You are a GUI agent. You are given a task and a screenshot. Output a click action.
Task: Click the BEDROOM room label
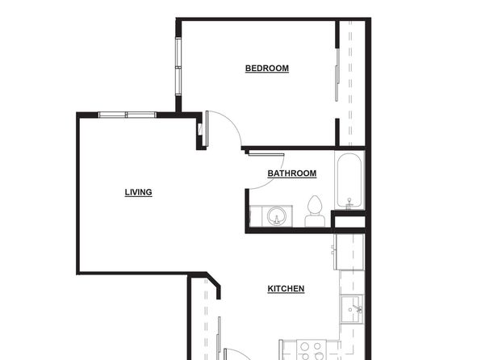tap(267, 68)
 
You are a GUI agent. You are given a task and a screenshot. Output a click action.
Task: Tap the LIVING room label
tap(138, 192)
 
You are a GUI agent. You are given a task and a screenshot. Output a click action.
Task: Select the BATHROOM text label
tap(291, 174)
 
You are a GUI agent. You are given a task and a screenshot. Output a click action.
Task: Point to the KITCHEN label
tap(286, 289)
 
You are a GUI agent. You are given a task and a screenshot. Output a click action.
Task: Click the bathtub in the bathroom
tap(349, 181)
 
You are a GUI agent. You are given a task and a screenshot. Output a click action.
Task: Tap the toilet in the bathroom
tap(315, 211)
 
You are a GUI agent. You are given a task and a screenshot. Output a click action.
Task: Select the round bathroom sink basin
tap(276, 216)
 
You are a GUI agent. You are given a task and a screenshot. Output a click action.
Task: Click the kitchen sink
tap(352, 309)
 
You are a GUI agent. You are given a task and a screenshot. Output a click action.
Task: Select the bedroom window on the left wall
tap(178, 66)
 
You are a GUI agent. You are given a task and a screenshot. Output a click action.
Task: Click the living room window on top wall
tap(128, 115)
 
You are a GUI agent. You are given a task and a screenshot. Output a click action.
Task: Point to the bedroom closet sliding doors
tap(337, 75)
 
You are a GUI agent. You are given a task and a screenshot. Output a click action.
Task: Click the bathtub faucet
tap(349, 203)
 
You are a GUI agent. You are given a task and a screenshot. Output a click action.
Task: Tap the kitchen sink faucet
tap(358, 308)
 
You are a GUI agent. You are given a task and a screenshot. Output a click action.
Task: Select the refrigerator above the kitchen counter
tap(349, 252)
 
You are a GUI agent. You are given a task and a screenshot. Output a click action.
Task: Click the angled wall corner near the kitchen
tap(214, 280)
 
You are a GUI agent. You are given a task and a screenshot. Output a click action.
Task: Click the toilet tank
tap(315, 220)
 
